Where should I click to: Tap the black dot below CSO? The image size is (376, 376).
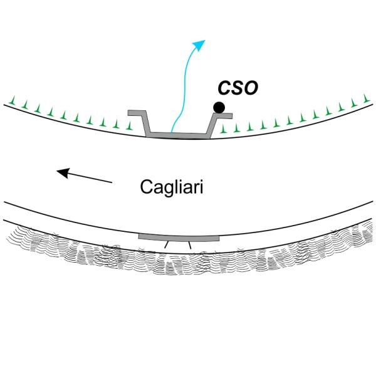(x=219, y=108)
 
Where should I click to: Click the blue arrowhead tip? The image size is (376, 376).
(x=204, y=41)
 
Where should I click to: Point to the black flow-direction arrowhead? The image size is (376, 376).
(x=60, y=170)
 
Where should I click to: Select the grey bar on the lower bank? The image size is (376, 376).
(x=178, y=237)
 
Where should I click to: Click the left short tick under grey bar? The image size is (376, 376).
(x=166, y=247)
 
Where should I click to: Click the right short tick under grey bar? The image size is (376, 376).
(x=190, y=247)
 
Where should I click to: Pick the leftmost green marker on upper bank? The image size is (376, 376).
(x=13, y=100)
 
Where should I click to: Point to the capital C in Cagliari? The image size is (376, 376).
(x=145, y=187)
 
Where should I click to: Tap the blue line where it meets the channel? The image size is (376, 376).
(x=174, y=132)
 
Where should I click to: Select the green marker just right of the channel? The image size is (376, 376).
(x=222, y=129)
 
